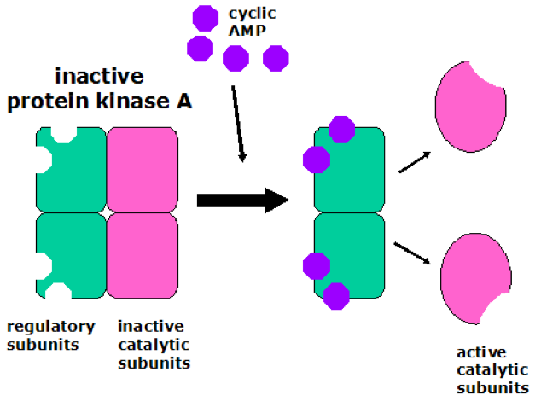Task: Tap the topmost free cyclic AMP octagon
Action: tap(205, 17)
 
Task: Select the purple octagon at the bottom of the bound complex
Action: tap(336, 295)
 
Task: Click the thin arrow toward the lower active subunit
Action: tap(412, 253)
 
